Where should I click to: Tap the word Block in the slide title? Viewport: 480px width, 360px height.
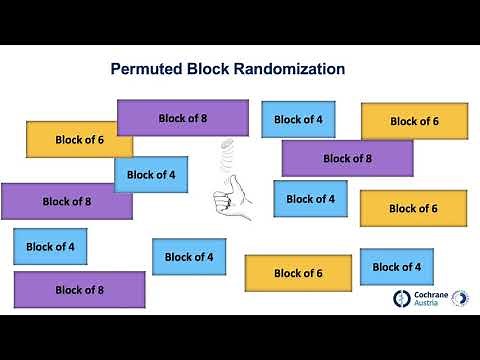point(208,70)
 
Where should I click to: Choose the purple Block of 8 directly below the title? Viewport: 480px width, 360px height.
point(183,118)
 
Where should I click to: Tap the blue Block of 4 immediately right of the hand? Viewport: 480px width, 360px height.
point(310,199)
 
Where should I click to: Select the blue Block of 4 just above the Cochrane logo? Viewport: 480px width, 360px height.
point(397,267)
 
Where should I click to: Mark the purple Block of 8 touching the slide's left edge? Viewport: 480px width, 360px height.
point(66,201)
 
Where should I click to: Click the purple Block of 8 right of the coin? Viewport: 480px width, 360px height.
point(347,158)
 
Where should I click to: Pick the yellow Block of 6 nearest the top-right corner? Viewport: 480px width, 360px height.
point(414,121)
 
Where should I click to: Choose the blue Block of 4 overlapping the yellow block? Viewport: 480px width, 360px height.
point(151,175)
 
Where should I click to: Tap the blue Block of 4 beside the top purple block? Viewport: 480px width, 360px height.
point(298,119)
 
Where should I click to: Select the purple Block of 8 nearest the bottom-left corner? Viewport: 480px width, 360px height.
point(79,290)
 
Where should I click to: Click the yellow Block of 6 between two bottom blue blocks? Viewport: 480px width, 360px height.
point(298,273)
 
